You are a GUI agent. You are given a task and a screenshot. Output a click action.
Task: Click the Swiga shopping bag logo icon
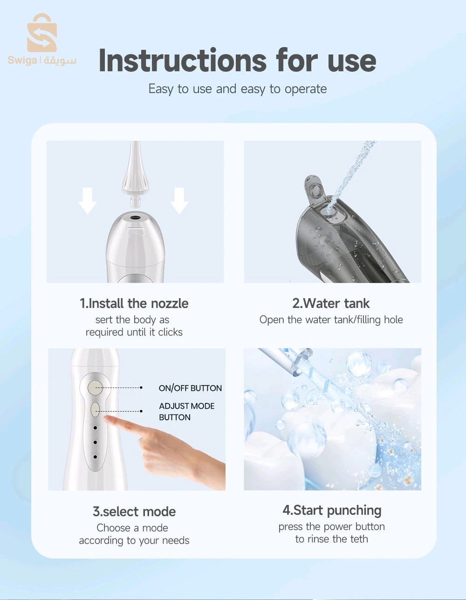tap(42, 34)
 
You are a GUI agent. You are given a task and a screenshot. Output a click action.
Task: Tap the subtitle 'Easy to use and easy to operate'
tap(237, 89)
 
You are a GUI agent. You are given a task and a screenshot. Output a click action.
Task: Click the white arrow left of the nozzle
tap(87, 201)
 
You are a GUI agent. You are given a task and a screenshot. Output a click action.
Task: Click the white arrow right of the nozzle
tap(179, 201)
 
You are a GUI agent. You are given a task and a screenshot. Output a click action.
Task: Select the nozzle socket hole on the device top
tap(136, 217)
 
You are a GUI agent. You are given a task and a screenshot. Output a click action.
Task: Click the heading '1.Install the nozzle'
tap(134, 303)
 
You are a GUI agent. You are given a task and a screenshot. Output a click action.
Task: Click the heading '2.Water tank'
tap(331, 303)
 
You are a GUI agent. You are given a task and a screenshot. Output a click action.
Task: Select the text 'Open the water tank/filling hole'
tap(331, 320)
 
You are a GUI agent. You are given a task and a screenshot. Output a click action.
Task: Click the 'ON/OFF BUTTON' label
tap(190, 388)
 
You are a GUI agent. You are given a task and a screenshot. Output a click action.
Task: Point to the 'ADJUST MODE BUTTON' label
tap(186, 411)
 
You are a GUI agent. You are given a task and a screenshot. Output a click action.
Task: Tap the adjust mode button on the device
tap(96, 410)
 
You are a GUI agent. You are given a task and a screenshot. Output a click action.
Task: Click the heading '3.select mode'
tap(134, 511)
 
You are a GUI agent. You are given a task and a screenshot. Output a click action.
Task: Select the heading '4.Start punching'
tap(332, 511)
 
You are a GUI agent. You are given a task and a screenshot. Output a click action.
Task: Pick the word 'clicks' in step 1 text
tap(170, 332)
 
